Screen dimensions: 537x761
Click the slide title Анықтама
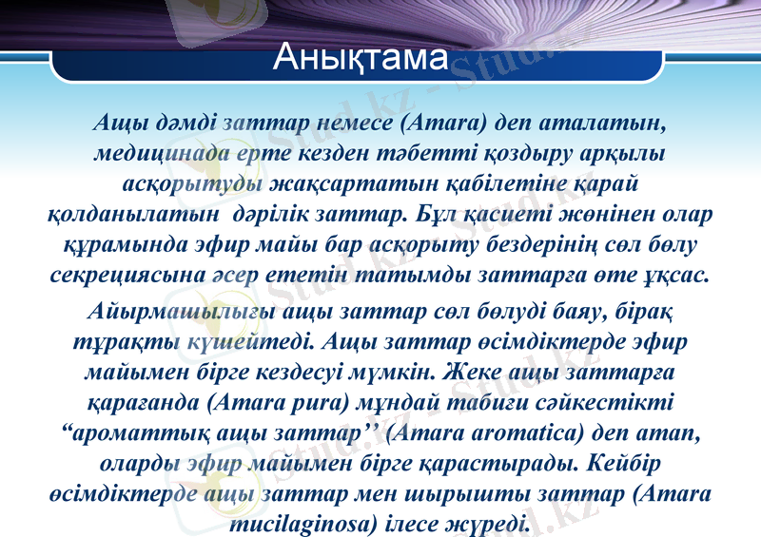(360, 58)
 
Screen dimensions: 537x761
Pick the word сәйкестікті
(610, 403)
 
